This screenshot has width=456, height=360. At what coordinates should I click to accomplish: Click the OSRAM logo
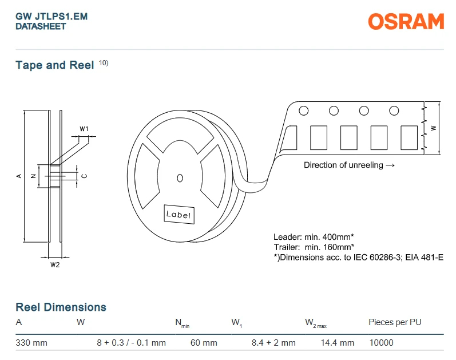(x=406, y=21)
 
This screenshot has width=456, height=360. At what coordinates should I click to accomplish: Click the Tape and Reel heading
(x=55, y=65)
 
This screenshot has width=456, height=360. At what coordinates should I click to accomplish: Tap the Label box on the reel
(x=179, y=215)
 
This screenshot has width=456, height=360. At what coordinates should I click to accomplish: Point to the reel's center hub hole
(x=180, y=178)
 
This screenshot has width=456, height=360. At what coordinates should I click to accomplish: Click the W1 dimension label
(x=84, y=129)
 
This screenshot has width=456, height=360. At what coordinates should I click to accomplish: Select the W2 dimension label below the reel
(x=55, y=265)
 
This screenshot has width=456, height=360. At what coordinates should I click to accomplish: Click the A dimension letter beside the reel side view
(x=19, y=176)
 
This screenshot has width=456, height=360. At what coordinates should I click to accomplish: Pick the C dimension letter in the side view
(x=84, y=176)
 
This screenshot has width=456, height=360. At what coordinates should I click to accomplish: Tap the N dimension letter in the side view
(x=33, y=176)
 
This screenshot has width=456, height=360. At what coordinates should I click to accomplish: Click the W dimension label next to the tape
(x=433, y=128)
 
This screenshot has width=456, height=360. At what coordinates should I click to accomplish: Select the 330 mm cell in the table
(x=31, y=343)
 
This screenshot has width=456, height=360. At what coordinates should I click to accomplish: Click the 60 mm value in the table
(x=204, y=343)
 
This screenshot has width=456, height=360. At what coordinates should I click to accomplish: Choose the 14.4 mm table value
(x=338, y=343)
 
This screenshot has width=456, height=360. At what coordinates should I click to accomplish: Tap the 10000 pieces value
(x=381, y=343)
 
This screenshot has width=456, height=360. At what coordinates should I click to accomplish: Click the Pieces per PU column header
(x=395, y=322)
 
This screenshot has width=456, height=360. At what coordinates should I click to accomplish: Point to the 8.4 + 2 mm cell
(x=273, y=343)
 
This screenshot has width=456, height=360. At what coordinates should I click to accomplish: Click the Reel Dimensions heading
(x=61, y=307)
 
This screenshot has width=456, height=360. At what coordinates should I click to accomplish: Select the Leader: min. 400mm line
(x=314, y=237)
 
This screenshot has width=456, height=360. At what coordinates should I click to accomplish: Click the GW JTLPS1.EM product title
(x=51, y=17)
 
